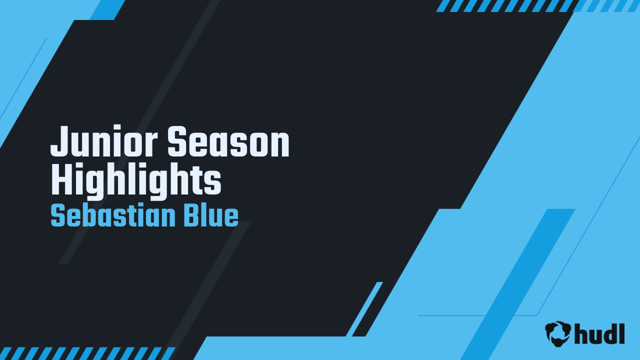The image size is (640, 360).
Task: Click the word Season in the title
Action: [x=228, y=142]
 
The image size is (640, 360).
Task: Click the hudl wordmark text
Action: [x=599, y=333]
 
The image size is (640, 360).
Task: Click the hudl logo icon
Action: [x=558, y=333]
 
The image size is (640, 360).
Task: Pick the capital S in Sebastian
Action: [x=57, y=216]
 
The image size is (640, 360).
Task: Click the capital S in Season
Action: [x=176, y=142]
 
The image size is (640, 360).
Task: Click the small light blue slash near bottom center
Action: [x=364, y=309]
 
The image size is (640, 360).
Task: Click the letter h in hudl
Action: [x=581, y=333]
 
